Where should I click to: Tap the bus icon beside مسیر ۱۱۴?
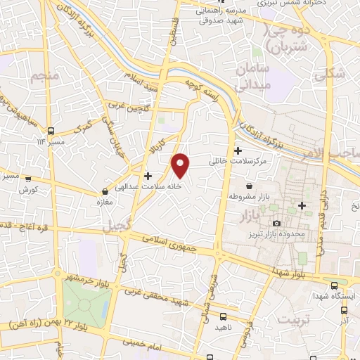click(x=51, y=131)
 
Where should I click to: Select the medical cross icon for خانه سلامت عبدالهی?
click(x=148, y=175)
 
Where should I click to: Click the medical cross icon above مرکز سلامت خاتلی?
click(x=238, y=150)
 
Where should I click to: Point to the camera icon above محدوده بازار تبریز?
click(x=277, y=223)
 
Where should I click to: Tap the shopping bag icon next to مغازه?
click(x=105, y=191)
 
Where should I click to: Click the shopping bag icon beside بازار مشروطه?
click(x=230, y=196)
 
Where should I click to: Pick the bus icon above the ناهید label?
click(x=223, y=316)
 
